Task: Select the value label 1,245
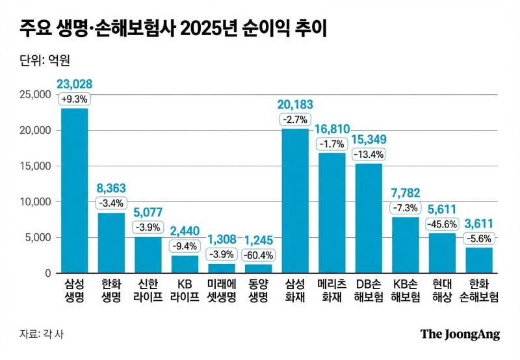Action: (x=258, y=238)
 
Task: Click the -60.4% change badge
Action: (x=258, y=254)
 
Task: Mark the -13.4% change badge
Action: (x=369, y=155)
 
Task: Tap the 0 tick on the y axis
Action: (x=47, y=273)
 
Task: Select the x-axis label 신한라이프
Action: (x=148, y=290)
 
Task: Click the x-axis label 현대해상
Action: (x=442, y=290)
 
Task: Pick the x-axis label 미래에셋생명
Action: (x=221, y=290)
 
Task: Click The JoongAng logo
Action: (x=460, y=334)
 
